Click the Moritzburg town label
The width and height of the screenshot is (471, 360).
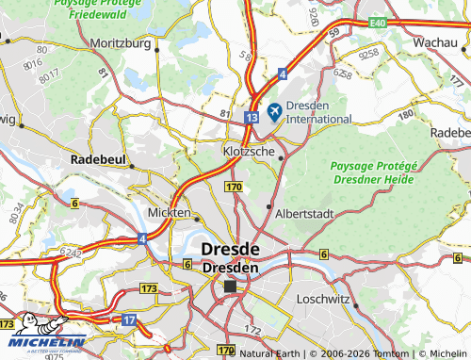click(122, 43)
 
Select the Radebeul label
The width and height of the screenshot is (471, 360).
click(99, 161)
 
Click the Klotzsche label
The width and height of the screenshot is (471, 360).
click(250, 150)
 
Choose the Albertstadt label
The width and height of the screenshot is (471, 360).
click(303, 214)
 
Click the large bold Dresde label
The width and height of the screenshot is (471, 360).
click(231, 249)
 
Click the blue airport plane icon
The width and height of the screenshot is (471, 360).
click(275, 111)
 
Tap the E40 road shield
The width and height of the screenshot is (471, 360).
click(378, 21)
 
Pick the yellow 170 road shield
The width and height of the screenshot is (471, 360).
click(235, 188)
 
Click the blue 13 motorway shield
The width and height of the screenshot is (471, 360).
click(250, 117)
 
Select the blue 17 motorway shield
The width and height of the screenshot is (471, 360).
click(129, 320)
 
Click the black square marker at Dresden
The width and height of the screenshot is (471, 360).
click(229, 286)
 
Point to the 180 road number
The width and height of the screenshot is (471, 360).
click(406, 115)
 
